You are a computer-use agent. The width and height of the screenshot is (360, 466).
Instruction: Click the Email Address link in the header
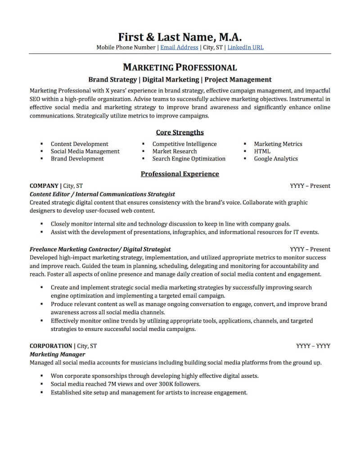[179, 47]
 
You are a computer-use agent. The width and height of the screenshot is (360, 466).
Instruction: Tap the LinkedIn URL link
[245, 47]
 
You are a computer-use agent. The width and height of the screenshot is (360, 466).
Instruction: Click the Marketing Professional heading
[180, 68]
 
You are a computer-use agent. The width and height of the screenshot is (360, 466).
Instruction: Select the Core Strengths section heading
[180, 132]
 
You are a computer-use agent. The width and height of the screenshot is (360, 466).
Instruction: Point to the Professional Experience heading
[180, 174]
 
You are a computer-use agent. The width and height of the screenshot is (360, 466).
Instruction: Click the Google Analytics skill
[275, 158]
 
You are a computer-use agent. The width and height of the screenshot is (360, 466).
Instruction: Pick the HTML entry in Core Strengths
[262, 151]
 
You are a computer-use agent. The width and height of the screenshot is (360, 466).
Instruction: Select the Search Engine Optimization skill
[189, 158]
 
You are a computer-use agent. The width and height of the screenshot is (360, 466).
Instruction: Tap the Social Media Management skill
[85, 151]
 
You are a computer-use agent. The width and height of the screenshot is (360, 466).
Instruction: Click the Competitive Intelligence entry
[184, 144]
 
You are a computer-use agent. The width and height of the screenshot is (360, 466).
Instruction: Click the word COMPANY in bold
[44, 185]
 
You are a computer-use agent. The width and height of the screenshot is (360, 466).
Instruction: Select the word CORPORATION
[51, 346]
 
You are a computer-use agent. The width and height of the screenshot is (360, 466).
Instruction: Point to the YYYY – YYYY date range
[313, 346]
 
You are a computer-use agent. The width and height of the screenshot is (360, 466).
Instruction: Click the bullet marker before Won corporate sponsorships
[42, 376]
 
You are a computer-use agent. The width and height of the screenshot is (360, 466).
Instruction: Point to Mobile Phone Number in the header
[126, 47]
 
